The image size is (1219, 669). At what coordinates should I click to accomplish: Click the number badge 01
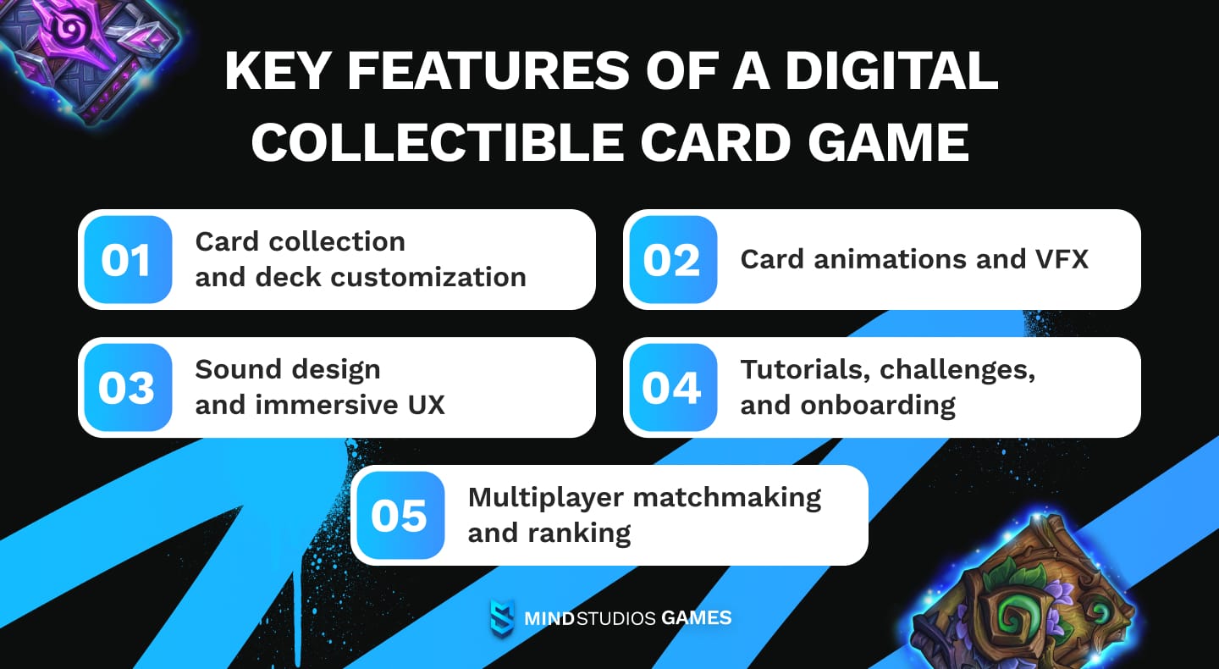click(x=126, y=260)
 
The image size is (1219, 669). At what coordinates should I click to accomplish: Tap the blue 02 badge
click(x=671, y=260)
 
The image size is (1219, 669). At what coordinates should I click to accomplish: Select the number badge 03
click(x=126, y=388)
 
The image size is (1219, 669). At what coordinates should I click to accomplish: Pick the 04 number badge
click(x=671, y=388)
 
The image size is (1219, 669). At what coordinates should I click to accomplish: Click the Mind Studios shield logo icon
click(x=502, y=618)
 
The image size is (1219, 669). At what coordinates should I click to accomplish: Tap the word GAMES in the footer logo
click(x=697, y=618)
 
